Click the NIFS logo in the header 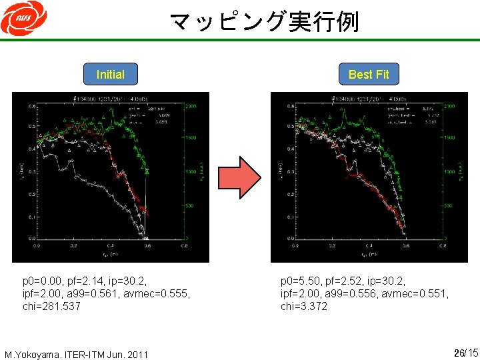coord(23,20)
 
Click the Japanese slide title coord(264,21)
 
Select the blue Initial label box coord(110,74)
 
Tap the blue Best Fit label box coord(368,74)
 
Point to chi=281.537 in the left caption coord(51,306)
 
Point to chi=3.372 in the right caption coord(304,306)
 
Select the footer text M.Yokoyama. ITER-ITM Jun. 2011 coord(76,353)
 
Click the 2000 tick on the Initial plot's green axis coord(191,107)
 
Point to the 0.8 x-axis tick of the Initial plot coord(183,245)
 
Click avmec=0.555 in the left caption coord(159,293)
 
